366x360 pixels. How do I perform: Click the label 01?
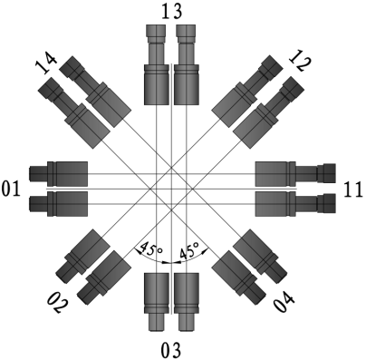click(x=11, y=190)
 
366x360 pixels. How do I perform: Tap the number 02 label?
click(x=57, y=303)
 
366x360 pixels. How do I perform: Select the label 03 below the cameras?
click(x=171, y=351)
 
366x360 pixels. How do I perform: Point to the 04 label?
click(x=284, y=303)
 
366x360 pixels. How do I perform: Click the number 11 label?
click(x=353, y=190)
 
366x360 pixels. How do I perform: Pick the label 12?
click(x=300, y=61)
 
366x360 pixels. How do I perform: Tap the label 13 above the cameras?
click(x=171, y=12)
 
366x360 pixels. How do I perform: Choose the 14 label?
click(x=46, y=63)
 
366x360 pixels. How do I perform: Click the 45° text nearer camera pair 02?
click(x=151, y=248)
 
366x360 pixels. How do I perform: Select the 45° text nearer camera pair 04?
click(x=189, y=249)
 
